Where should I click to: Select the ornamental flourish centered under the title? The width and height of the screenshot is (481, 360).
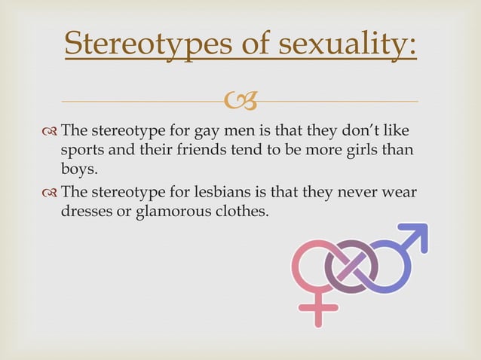(240, 99)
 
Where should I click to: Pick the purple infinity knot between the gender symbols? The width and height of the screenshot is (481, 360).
(351, 265)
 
